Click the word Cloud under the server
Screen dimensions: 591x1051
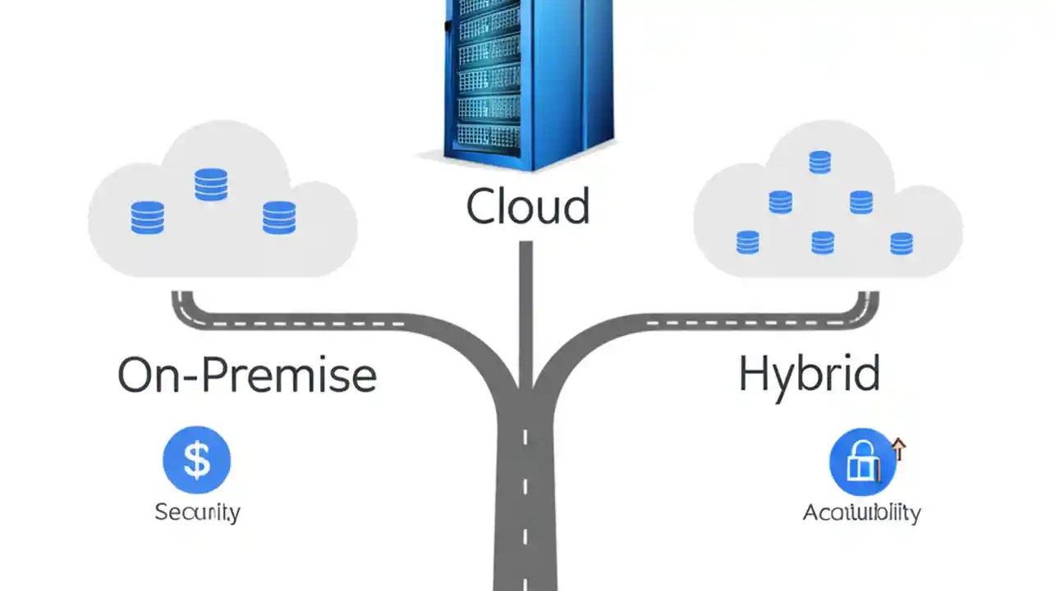(x=527, y=206)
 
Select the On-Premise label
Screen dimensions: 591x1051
(x=246, y=375)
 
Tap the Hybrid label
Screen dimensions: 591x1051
(x=809, y=373)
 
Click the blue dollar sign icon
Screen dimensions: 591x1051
(x=197, y=460)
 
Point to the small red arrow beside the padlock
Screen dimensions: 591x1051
(x=898, y=448)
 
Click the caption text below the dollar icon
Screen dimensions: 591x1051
(x=197, y=512)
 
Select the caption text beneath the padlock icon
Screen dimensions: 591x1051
(x=861, y=513)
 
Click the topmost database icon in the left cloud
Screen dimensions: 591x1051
(x=211, y=184)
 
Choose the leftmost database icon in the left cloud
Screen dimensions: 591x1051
(x=148, y=218)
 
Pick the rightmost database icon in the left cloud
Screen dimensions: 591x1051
(x=279, y=218)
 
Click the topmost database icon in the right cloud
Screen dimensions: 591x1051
(x=819, y=162)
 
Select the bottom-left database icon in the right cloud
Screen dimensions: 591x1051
(x=747, y=242)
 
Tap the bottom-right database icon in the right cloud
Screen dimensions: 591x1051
(x=901, y=243)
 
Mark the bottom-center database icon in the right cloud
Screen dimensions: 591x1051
(x=823, y=242)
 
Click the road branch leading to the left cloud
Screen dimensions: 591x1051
(x=328, y=320)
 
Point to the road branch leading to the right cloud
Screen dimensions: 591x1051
(x=723, y=320)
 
